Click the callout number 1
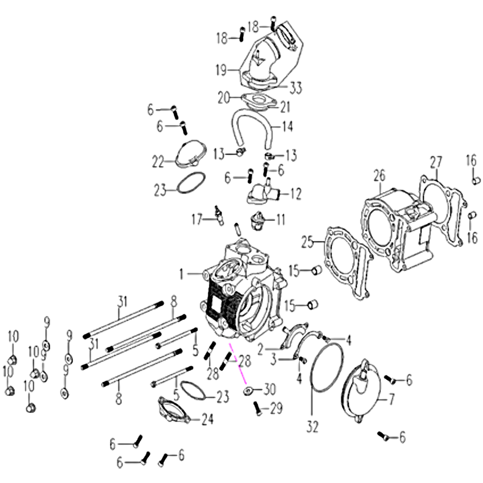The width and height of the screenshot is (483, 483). (182, 274)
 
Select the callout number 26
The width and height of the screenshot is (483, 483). (380, 175)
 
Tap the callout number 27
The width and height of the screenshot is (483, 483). (436, 162)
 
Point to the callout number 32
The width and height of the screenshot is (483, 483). (312, 427)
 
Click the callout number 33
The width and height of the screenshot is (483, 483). (296, 88)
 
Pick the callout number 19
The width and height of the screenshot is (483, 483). (222, 70)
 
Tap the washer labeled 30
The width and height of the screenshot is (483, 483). (248, 391)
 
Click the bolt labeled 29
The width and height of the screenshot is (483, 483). (258, 409)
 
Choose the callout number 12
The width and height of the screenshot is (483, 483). (295, 194)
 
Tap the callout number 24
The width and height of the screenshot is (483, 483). (207, 418)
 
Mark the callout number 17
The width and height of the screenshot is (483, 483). (197, 220)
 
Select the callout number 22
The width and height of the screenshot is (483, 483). (158, 162)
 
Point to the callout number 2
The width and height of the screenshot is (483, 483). (261, 350)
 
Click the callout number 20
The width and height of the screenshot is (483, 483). (224, 98)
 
